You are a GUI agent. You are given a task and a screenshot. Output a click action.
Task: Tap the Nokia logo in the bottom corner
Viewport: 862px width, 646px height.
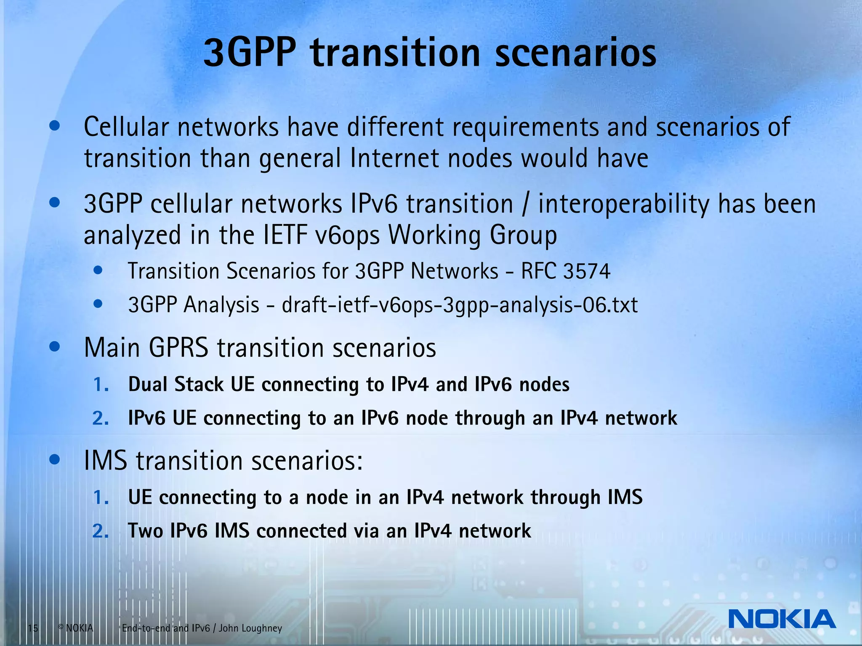[x=782, y=619]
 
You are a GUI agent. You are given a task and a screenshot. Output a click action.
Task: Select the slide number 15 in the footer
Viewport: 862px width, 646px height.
[x=33, y=628]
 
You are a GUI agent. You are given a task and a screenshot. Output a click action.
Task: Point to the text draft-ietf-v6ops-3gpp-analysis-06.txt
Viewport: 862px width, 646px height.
[x=460, y=304]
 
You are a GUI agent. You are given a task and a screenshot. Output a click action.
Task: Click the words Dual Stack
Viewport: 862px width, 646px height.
[x=176, y=384]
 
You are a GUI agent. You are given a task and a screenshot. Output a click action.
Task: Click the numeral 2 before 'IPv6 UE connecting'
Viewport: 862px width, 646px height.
[x=100, y=418]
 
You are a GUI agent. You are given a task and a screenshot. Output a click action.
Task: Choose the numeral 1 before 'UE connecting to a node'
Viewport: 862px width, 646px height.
[x=100, y=497]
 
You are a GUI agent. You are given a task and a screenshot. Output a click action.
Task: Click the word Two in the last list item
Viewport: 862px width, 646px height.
[x=145, y=531]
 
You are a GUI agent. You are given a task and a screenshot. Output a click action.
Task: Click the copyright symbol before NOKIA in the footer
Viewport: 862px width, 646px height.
[x=61, y=627]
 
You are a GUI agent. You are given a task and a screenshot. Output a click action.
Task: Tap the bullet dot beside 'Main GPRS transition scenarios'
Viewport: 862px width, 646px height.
[x=55, y=347]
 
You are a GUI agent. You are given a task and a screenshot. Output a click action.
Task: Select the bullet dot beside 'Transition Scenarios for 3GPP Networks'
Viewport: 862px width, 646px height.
[x=98, y=270]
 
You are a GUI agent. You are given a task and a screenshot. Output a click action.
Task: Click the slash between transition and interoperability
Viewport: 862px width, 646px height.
[x=525, y=205]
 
